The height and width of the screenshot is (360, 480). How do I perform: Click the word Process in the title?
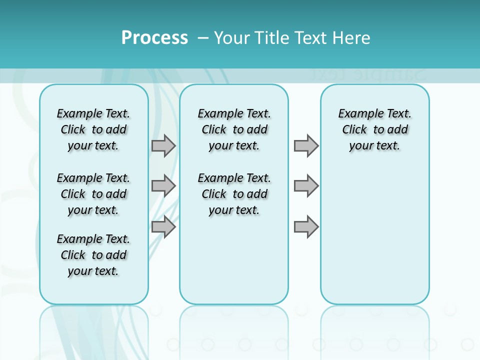point(154,38)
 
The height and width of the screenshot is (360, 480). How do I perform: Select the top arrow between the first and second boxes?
point(163,145)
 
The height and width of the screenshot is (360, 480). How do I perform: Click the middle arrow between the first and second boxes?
point(163,186)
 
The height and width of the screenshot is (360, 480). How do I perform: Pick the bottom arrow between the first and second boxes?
point(163,227)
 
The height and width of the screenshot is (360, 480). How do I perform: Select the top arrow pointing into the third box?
point(306,145)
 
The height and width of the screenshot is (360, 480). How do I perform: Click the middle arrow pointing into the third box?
point(306,186)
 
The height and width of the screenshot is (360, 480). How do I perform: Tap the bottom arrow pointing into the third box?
point(306,227)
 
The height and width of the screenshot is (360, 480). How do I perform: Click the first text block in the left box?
point(93,129)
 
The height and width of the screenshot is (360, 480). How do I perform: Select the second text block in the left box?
point(93,194)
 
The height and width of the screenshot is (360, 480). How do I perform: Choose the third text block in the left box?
point(93,255)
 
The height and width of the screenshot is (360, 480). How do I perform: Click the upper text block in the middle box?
point(234,129)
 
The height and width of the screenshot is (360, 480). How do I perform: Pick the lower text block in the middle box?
point(234,194)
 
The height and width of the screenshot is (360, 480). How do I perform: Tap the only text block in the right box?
point(375,129)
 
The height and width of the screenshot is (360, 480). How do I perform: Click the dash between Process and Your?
point(203,38)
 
